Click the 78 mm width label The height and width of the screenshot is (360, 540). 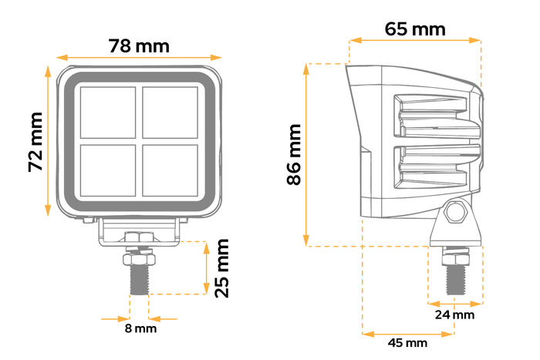coord(140,45)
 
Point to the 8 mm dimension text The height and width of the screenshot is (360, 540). coord(140,328)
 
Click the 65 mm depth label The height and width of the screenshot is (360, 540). coord(415,29)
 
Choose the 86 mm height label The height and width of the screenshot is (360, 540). coord(294,155)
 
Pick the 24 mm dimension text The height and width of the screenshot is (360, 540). coord(454,315)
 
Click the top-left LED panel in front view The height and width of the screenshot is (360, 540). coord(109,112)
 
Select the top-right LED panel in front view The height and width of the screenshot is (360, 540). coord(169,112)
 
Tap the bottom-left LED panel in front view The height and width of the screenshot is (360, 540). coord(109,170)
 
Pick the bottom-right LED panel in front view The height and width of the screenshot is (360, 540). coord(169,170)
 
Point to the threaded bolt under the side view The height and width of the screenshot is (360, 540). coord(454,276)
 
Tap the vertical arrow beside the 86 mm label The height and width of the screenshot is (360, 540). coord(308,155)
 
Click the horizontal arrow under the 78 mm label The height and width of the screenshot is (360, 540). coord(140,58)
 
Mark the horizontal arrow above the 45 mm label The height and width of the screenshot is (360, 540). coord(407,333)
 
